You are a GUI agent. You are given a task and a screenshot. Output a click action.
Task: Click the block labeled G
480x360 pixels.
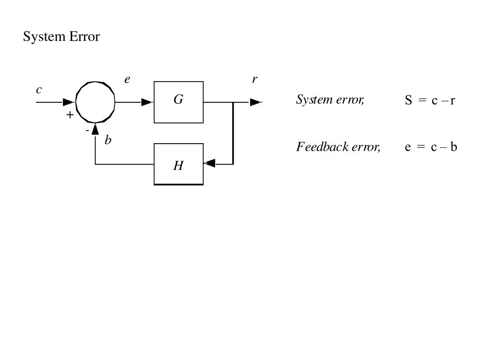[178, 102]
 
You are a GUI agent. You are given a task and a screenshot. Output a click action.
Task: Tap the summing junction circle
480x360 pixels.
[95, 101]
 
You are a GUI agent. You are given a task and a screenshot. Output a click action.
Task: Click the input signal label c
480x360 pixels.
[39, 89]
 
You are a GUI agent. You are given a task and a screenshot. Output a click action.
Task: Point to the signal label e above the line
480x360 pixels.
[127, 80]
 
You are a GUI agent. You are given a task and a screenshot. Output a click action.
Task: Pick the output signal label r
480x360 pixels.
[254, 79]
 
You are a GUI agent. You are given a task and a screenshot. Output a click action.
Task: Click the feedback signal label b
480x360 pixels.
[108, 140]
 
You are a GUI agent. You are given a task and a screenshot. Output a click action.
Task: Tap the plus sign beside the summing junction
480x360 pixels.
[70, 115]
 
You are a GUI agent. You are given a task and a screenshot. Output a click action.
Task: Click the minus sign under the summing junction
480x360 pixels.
[87, 130]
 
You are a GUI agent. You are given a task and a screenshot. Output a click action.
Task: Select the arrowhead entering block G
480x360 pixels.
[147, 102]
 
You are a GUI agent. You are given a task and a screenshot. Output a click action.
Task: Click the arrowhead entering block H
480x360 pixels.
[210, 163]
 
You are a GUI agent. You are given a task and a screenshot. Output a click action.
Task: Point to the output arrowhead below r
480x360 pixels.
[256, 102]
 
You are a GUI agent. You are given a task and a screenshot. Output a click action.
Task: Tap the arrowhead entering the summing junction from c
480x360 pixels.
[69, 102]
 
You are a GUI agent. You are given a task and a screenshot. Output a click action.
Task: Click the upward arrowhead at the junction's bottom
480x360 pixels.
[95, 128]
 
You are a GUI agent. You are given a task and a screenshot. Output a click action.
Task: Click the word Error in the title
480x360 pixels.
[84, 37]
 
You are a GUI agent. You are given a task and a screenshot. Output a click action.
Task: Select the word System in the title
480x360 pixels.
[45, 37]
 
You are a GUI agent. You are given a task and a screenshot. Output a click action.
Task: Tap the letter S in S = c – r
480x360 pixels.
[408, 100]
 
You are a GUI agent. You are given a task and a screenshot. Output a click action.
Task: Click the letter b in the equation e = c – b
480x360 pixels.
[454, 147]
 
